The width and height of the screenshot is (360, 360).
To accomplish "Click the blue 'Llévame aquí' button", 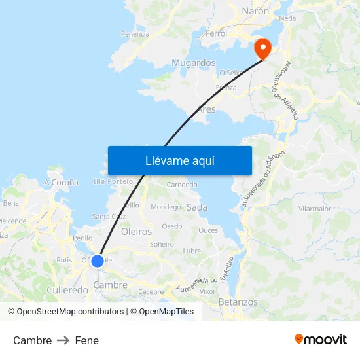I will tap(180, 160).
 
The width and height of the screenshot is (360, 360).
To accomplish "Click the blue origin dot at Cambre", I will tap(98, 261).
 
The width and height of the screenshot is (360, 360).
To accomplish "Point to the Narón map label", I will tap(255, 11).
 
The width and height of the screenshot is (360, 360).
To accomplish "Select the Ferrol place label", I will tap(216, 33).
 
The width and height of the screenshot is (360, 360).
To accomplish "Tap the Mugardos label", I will tap(193, 63).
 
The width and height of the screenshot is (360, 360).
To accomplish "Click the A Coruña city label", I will tap(62, 183).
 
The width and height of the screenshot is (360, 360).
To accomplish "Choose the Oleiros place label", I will tap(136, 232).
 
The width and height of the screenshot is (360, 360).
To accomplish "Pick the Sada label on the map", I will tap(197, 207).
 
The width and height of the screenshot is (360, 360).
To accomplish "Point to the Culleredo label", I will tap(67, 289).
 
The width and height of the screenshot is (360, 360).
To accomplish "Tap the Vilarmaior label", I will tap(314, 209).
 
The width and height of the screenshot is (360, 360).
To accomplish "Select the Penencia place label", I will tap(135, 34).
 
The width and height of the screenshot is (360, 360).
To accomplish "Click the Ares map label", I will tap(206, 109).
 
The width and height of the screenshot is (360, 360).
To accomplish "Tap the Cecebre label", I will tap(151, 292).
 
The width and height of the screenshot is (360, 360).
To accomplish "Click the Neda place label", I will tap(287, 18).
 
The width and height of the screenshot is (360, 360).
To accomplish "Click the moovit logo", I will tap(321, 340).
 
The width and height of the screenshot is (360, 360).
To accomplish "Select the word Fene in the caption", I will tap(87, 340).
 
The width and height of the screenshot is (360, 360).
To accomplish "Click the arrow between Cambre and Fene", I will tap(63, 340).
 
